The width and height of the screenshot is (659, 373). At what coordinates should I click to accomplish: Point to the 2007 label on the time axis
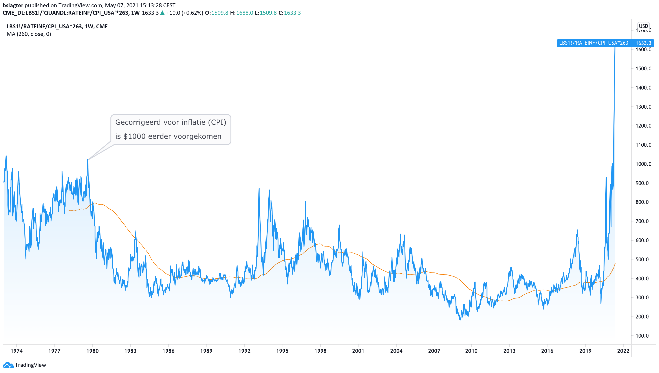(x=434, y=351)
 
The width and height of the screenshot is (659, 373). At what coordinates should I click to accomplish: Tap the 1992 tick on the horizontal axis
(x=244, y=351)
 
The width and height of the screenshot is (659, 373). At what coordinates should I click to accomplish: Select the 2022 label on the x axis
(x=623, y=351)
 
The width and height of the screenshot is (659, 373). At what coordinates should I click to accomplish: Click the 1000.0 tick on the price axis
(x=643, y=164)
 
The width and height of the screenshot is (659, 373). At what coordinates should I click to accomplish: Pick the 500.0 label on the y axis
(x=643, y=260)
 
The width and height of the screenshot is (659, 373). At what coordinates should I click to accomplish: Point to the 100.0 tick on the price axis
(x=643, y=336)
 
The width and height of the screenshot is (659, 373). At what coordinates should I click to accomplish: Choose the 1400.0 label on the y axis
(x=643, y=88)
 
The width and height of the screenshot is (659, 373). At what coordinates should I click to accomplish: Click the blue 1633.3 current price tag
(x=643, y=43)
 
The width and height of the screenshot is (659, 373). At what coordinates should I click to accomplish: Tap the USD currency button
(x=643, y=26)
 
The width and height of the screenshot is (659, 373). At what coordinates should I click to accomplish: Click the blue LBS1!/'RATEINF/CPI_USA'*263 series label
(x=593, y=43)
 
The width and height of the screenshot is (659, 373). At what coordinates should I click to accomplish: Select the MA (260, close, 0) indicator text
(x=29, y=34)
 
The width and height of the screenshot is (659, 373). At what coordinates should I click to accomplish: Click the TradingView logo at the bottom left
(x=24, y=365)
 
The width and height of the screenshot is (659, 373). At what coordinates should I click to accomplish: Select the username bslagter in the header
(x=13, y=5)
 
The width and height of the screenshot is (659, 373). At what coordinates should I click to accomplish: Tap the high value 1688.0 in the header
(x=244, y=13)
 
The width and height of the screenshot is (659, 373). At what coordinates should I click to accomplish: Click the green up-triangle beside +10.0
(x=162, y=13)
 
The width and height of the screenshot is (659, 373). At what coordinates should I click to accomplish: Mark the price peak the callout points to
(x=88, y=160)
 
